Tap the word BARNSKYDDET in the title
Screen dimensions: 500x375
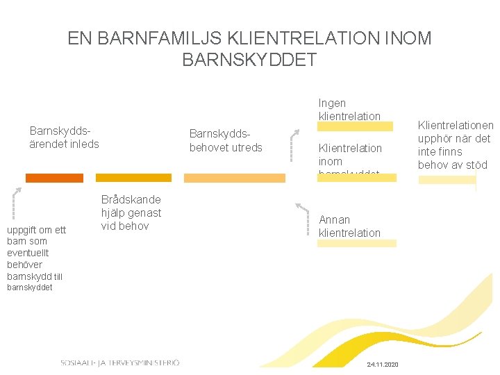(249, 60)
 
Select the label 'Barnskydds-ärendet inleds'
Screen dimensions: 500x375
(64, 137)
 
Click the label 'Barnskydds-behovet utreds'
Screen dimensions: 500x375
(226, 140)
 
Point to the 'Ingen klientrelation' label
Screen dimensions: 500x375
(349, 110)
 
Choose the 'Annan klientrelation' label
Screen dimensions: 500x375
(349, 226)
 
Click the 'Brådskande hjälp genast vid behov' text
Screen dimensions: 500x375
(131, 212)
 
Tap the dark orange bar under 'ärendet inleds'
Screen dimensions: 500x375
(54, 178)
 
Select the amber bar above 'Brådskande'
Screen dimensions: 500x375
(133, 178)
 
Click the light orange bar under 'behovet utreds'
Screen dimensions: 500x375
(234, 178)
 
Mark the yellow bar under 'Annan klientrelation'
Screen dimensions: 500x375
(356, 244)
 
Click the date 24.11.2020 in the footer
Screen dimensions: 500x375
(381, 365)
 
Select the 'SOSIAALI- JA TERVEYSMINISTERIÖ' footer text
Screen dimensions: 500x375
(120, 362)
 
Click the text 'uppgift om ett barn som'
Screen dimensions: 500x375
(36, 235)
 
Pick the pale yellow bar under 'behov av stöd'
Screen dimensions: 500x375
(447, 179)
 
